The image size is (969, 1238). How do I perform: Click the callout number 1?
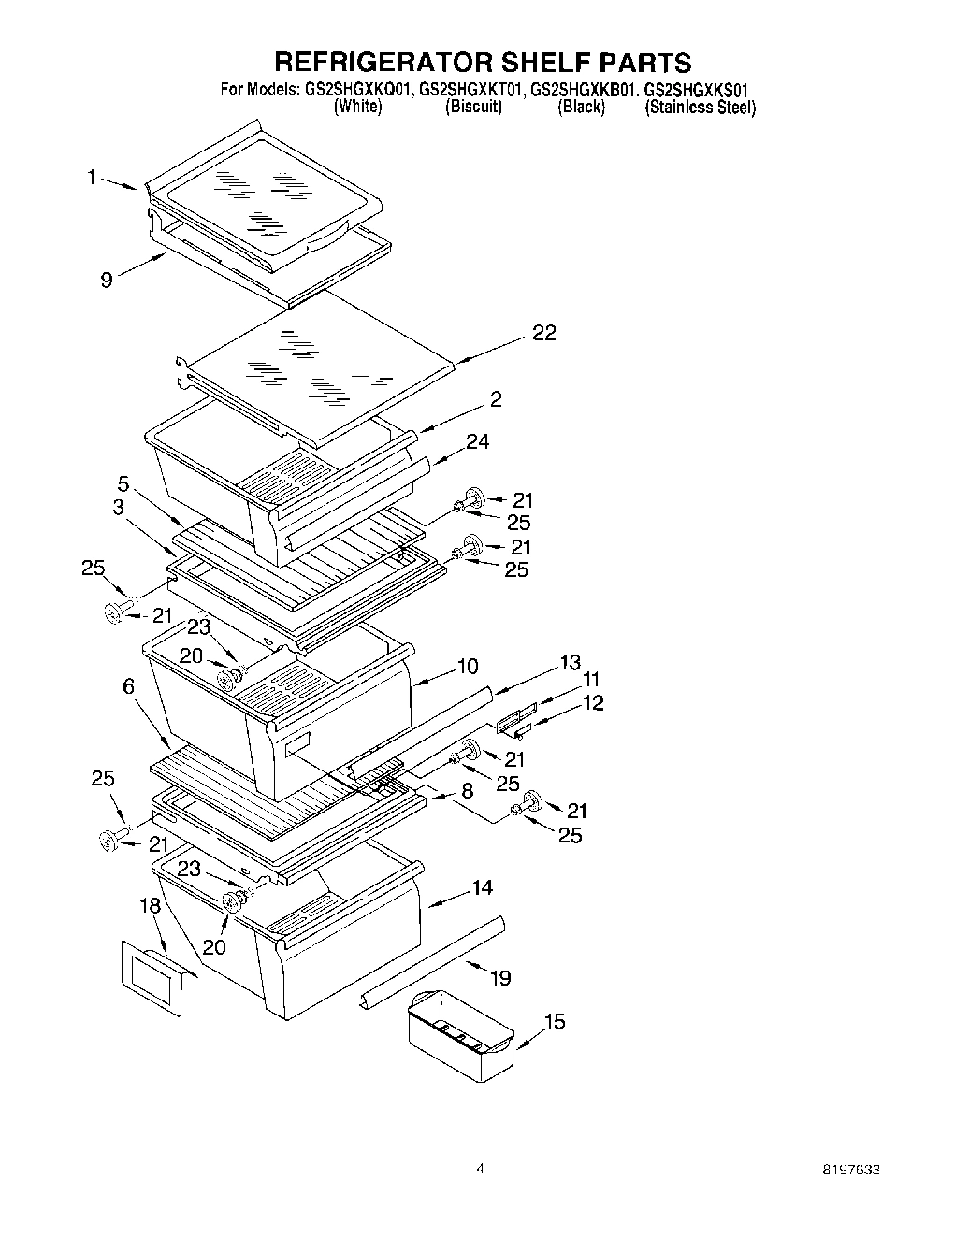[x=92, y=177]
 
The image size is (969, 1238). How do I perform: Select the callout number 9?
[x=107, y=279]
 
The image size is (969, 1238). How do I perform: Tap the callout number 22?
[x=543, y=333]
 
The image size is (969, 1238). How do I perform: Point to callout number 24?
[x=477, y=441]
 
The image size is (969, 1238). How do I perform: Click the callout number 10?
[x=468, y=666]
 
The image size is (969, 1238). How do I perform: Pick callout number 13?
[x=570, y=662]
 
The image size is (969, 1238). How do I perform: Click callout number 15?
[x=555, y=1022]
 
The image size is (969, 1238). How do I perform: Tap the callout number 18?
[x=150, y=905]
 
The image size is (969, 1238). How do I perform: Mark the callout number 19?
[x=500, y=978]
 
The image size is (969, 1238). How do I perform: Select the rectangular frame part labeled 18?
[x=151, y=977]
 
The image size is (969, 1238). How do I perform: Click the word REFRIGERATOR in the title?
[x=375, y=62]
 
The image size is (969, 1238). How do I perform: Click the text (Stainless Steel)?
[x=700, y=108]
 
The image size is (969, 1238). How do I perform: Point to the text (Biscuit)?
[x=473, y=108]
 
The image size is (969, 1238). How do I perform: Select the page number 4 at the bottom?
[x=480, y=1169]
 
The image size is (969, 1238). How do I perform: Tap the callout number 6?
[x=128, y=686]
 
